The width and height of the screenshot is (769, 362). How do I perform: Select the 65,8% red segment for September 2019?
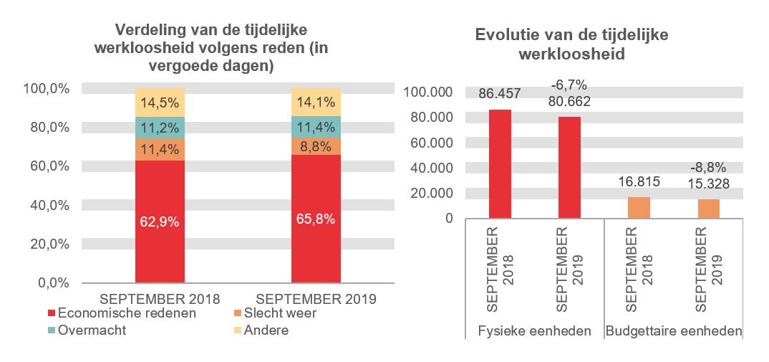[316, 218]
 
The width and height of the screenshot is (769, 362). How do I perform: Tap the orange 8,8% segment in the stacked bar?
[316, 146]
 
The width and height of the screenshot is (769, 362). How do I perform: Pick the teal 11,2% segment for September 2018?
[160, 128]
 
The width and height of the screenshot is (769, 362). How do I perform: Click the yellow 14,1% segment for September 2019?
[316, 102]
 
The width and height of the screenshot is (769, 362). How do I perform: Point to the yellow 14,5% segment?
[160, 103]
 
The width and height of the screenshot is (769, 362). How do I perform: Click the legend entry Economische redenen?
[122, 313]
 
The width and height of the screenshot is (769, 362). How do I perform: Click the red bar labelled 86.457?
[500, 163]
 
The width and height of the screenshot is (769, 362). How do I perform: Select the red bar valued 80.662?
[569, 167]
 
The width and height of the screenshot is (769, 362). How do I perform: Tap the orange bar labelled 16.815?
[639, 207]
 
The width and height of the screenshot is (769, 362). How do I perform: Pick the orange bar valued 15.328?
[708, 208]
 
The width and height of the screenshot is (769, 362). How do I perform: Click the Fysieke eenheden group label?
[534, 331]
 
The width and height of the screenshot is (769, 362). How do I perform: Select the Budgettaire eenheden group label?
[674, 331]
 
